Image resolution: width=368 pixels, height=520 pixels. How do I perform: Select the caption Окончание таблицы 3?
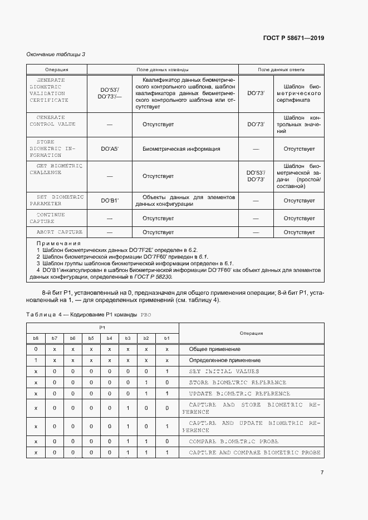coord(56,54)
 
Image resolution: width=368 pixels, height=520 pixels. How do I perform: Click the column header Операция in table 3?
coord(56,70)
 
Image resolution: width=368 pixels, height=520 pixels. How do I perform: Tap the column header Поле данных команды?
coord(163,70)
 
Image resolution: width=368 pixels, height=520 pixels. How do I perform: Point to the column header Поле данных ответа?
coord(281,70)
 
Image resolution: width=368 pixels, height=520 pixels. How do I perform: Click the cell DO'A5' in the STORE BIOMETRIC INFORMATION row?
coord(109,149)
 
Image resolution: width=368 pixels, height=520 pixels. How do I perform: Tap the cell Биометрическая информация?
coord(181,149)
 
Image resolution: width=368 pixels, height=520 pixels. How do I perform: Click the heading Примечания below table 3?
coord(58,243)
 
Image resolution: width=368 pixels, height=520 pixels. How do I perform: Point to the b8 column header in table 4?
coord(36,338)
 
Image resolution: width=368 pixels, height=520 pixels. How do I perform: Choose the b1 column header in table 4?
coord(166,338)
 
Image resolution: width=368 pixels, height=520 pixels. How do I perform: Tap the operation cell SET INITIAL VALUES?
coord(224,371)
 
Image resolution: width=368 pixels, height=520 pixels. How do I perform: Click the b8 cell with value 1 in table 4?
coord(36,360)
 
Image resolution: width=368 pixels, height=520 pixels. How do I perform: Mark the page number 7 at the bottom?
coord(322,472)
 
